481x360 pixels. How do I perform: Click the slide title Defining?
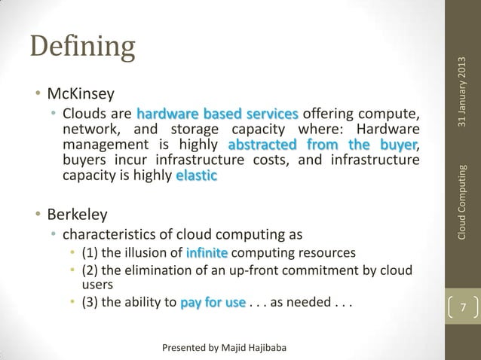pos(82,47)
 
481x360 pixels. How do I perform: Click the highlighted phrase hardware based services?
pos(218,114)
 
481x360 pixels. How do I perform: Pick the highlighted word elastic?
pos(196,175)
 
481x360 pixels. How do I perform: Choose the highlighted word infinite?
pos(208,251)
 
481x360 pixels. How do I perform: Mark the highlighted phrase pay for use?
pos(213,304)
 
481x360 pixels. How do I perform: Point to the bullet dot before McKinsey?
pos(35,96)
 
